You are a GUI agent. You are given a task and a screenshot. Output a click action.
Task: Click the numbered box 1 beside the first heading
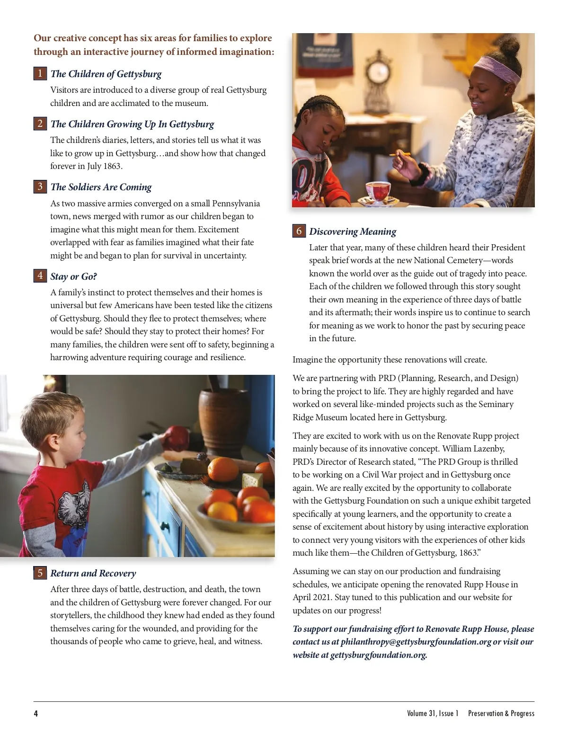40,73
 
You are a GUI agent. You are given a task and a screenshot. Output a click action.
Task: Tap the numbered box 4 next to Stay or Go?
40,276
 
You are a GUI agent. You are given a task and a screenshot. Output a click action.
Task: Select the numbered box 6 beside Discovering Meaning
299,231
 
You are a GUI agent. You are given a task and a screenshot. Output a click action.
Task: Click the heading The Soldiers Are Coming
101,187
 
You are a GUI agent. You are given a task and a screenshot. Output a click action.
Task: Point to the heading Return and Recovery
93,573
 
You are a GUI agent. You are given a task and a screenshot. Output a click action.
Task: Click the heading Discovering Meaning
353,231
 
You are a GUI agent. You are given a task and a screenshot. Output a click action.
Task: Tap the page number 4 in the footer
36,713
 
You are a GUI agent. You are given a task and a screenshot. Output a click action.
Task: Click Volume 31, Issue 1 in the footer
433,713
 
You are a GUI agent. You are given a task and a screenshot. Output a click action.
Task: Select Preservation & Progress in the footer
501,713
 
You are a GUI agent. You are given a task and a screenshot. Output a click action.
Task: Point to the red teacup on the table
377,191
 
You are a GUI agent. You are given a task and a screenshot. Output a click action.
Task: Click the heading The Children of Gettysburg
106,74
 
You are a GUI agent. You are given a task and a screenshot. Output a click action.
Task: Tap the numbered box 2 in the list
40,124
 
